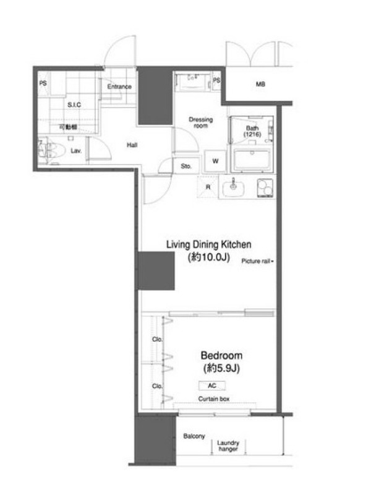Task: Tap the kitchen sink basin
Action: pos(234,189)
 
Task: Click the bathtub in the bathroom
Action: pos(252,160)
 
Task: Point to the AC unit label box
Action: pos(212,385)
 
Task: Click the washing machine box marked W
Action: pos(215,161)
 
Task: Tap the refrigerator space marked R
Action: pos(208,187)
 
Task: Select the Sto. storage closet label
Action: pos(186,166)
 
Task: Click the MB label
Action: pos(260,84)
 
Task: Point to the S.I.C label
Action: pos(74,105)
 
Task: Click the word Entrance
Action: pos(119,87)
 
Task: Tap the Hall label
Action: pos(132,145)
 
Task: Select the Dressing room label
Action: pos(200,123)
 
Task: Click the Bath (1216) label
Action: pos(252,131)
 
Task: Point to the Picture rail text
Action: pos(256,261)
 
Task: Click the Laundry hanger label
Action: pos(228,445)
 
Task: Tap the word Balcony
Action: pos(194,436)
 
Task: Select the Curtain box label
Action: pos(214,399)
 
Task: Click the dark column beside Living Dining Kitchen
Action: pos(156,270)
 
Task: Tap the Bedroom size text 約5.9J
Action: pos(221,368)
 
